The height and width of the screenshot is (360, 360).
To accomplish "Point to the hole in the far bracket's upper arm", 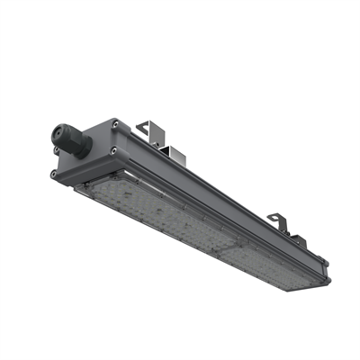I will point(274,217).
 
